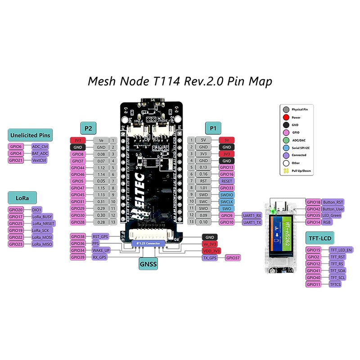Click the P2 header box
coord(88,128)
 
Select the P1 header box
coord(212,128)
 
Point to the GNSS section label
coord(148,265)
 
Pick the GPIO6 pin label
coord(15,146)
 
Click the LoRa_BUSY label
coord(42,216)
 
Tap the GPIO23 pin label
coord(15,244)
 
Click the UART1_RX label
coord(252,216)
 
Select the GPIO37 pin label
coord(233,258)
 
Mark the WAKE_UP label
coord(100,250)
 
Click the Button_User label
coord(333,209)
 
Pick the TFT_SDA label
coord(337,270)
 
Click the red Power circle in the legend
coord(286,117)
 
